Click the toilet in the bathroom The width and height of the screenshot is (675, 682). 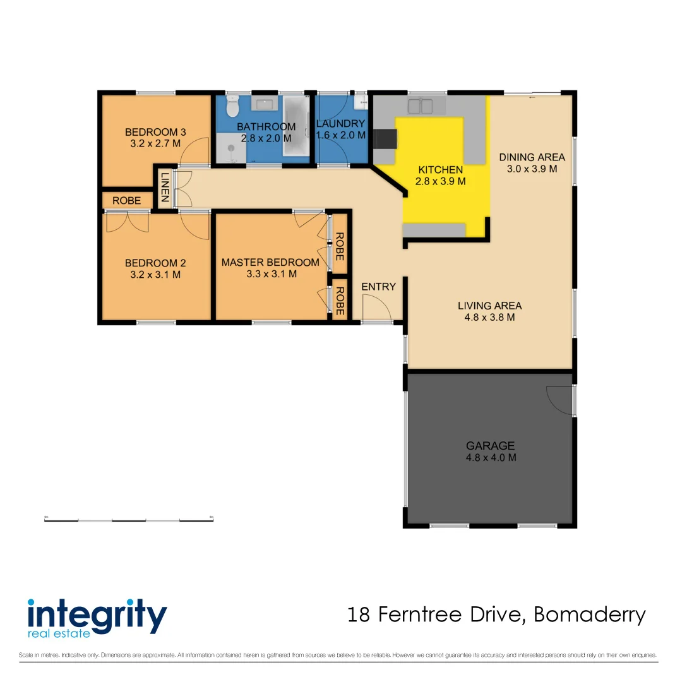(232, 107)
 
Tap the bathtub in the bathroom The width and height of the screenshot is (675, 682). (294, 126)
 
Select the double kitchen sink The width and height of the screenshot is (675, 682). (420, 105)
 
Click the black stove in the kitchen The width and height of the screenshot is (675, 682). (385, 138)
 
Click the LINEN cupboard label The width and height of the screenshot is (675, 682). (165, 188)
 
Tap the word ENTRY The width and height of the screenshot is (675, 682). (378, 287)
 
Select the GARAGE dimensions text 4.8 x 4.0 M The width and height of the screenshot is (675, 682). (491, 457)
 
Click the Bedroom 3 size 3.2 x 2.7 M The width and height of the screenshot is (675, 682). (155, 143)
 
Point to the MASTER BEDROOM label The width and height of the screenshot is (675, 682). (270, 262)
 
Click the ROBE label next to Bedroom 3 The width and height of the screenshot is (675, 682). (127, 201)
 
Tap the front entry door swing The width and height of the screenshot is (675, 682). (379, 309)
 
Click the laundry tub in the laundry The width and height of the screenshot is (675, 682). (362, 101)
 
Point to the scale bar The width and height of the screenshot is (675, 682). (129, 520)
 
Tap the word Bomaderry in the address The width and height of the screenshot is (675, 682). (590, 614)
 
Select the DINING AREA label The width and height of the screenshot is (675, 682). (532, 157)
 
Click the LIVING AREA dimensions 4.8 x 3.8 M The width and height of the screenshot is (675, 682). (489, 318)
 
